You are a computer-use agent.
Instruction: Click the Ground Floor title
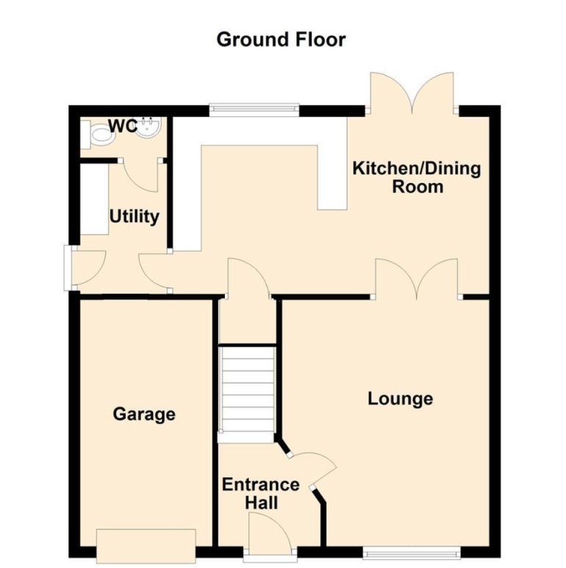[x=281, y=39]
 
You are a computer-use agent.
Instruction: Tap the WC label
[x=122, y=127]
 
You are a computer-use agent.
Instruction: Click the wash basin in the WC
[x=149, y=129]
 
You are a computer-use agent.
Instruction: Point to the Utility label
[x=135, y=217]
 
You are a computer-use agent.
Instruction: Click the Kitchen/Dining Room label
[x=417, y=177]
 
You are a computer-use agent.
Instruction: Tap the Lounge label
[x=400, y=399]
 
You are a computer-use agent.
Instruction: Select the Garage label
[x=144, y=414]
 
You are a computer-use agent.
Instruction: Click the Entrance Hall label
[x=261, y=494]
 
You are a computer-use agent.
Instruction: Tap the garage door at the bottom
[x=146, y=544]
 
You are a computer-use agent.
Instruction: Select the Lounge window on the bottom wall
[x=412, y=551]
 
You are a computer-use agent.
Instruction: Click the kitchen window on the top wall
[x=254, y=110]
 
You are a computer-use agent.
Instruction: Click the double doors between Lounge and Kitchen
[x=417, y=280]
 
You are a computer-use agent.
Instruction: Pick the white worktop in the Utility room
[x=94, y=199]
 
